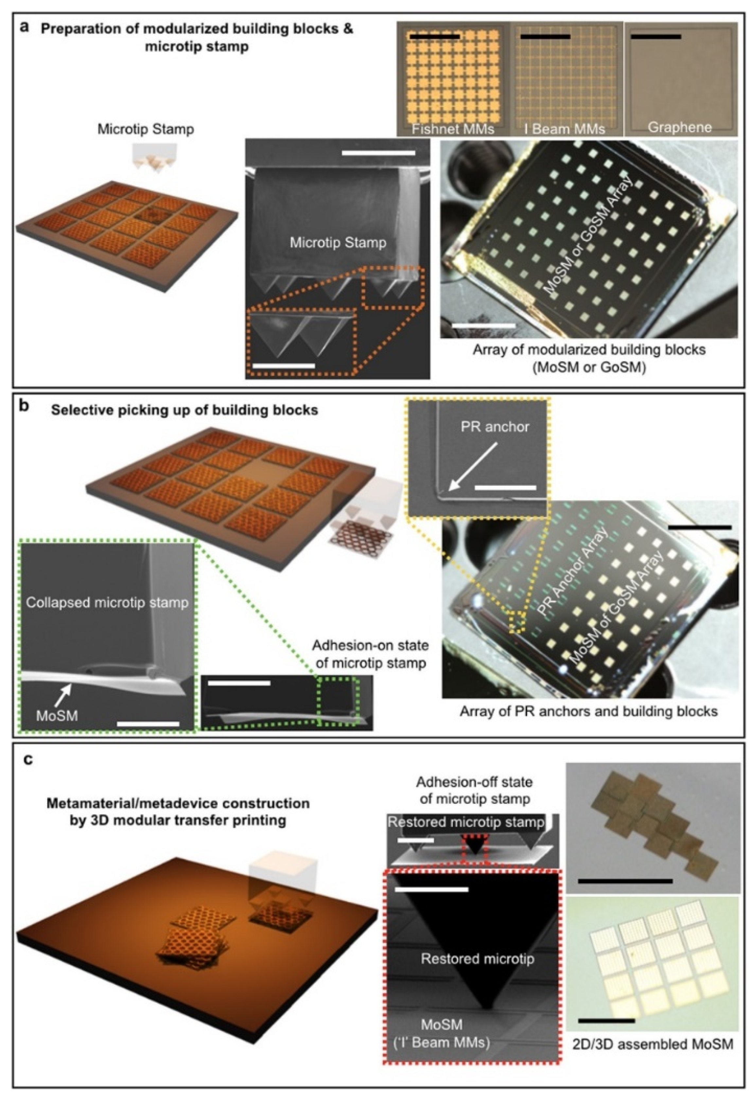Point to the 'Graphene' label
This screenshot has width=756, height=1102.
point(679,127)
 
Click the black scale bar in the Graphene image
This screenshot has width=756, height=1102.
point(656,36)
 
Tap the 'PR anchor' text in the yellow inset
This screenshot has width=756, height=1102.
point(495,427)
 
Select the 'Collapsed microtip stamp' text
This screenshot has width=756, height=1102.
point(107,603)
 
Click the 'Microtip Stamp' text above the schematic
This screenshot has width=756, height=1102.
point(146,129)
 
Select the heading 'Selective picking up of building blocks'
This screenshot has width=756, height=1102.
point(185,410)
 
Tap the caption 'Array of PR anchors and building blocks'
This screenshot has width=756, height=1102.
point(588,711)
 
